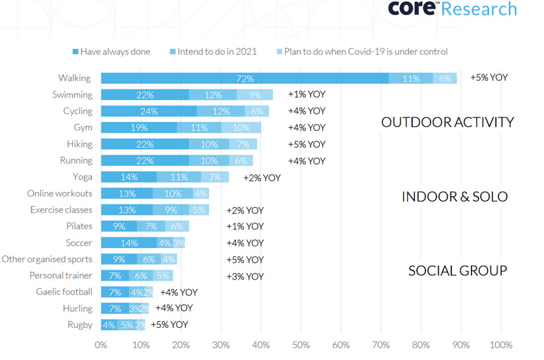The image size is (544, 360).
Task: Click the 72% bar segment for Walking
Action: (x=244, y=79)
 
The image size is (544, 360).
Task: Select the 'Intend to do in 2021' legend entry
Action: (x=216, y=52)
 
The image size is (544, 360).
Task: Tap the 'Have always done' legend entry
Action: (x=115, y=52)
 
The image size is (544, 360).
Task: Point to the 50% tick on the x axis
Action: (x=301, y=345)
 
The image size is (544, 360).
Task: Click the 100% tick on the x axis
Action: (x=500, y=345)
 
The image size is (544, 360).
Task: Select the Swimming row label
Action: (x=72, y=95)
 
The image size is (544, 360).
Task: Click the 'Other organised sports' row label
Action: (x=47, y=259)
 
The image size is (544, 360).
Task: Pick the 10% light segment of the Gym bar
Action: (x=241, y=127)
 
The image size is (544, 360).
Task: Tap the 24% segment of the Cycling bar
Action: (x=149, y=111)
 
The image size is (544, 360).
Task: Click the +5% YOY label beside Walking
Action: (x=489, y=78)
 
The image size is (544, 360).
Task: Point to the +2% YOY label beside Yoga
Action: (x=262, y=177)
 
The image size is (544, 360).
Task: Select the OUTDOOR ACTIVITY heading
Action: (x=447, y=123)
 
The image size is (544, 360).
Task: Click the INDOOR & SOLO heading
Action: (x=455, y=196)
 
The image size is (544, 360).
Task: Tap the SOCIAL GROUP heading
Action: (x=457, y=271)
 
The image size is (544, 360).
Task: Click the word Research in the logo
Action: (x=479, y=10)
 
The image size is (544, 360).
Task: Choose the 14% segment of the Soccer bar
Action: (x=129, y=243)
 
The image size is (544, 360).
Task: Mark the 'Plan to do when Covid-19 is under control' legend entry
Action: (x=365, y=52)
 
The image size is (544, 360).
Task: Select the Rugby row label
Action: (x=80, y=325)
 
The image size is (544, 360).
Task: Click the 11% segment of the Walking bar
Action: (x=411, y=79)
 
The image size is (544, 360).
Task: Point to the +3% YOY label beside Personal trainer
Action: (x=244, y=276)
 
